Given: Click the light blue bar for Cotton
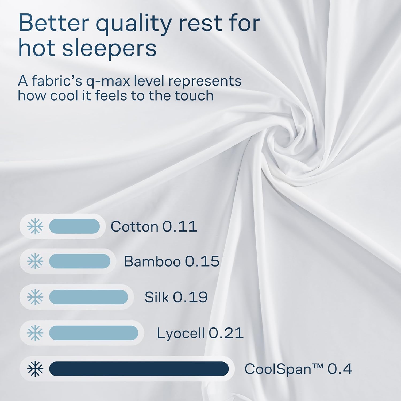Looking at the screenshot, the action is [74, 226].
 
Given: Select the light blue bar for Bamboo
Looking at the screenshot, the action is [80, 261].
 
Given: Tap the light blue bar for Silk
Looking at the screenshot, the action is [88, 297].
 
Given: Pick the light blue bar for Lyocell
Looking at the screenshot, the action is [94, 333].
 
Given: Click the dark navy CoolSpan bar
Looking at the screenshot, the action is [139, 369].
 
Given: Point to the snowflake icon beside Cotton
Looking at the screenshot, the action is [35, 226].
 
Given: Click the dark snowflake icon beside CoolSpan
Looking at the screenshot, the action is [35, 369].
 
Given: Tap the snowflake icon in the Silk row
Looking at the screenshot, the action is [35, 297].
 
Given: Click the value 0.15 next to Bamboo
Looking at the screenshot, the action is [202, 261].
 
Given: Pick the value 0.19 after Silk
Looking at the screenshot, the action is [190, 297].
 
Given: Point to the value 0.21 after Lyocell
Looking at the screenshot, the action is [226, 333].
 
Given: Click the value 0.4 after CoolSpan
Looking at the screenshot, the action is [340, 369].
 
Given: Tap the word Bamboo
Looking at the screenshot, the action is [152, 261].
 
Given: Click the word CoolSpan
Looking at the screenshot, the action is [278, 369].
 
